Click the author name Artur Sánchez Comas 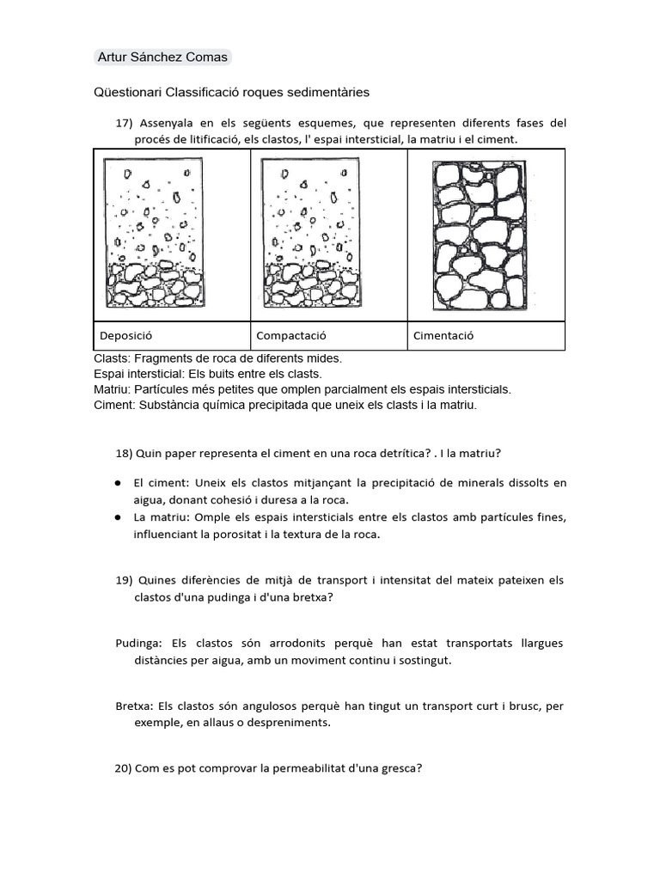[x=162, y=58]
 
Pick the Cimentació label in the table [x=443, y=336]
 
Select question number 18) [x=124, y=453]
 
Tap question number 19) [x=124, y=580]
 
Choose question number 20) [x=124, y=768]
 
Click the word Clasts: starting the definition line [x=112, y=358]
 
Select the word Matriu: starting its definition [x=113, y=389]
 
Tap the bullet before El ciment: [x=118, y=484]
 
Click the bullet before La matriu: [x=118, y=517]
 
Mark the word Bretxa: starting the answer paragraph [x=134, y=706]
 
